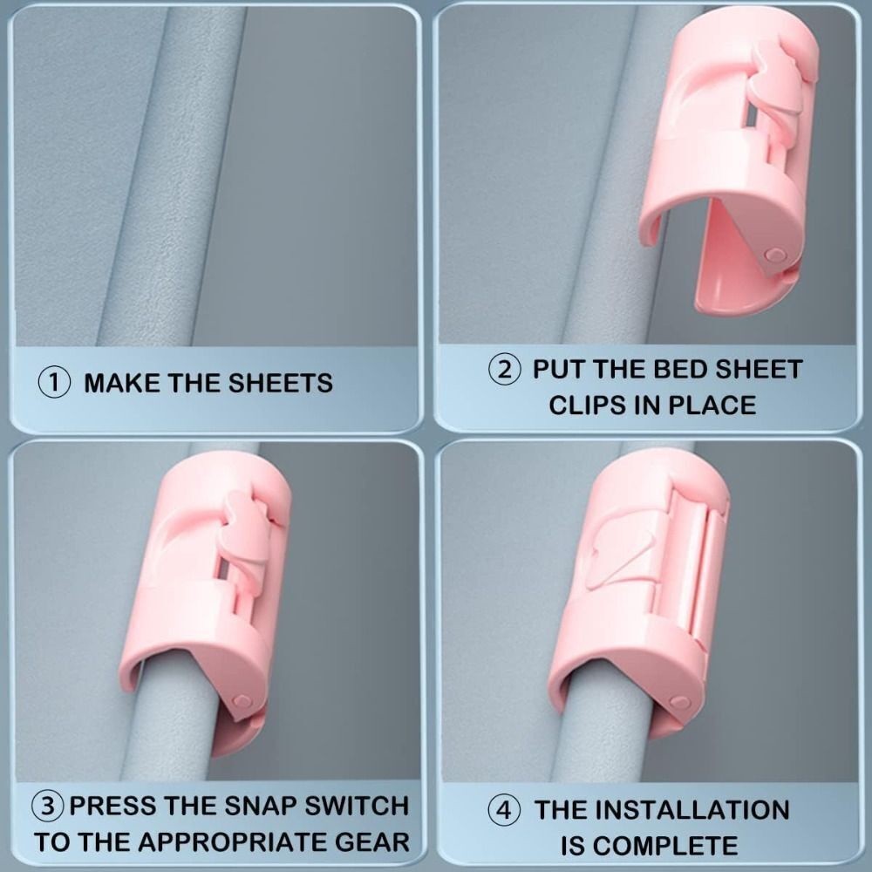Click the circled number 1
(54, 383)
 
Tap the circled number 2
(504, 370)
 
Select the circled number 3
(48, 806)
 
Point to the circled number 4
(504, 810)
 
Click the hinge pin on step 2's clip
(774, 255)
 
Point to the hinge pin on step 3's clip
(242, 699)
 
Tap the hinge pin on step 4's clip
(678, 701)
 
